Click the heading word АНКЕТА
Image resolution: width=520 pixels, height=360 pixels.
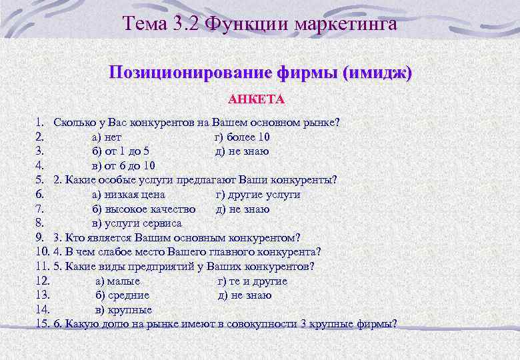[256, 100]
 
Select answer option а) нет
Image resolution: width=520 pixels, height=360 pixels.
[106, 137]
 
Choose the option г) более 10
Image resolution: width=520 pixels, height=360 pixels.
[241, 137]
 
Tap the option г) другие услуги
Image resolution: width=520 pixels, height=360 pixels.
[258, 195]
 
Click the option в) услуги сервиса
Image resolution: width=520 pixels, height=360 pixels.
[136, 223]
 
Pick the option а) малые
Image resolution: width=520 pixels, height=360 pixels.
[118, 281]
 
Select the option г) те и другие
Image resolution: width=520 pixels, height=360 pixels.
[253, 281]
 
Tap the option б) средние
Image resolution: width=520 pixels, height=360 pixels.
[123, 295]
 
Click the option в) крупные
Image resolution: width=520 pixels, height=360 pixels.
[124, 310]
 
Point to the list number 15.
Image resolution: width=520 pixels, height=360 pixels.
[42, 324]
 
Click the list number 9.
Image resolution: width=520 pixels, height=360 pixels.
[40, 238]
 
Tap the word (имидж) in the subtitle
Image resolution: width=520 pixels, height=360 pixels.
[377, 72]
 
